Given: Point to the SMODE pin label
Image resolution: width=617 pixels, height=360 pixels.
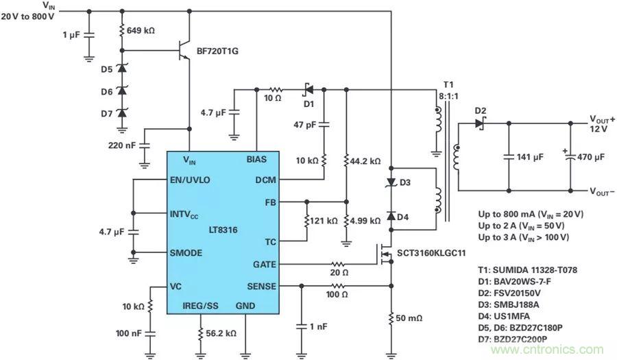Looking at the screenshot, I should pos(186,253).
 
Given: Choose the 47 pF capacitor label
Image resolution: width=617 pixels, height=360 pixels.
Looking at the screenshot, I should pos(305,124).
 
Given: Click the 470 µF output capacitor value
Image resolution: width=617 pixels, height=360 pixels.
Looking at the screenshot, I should pos(590,156).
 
